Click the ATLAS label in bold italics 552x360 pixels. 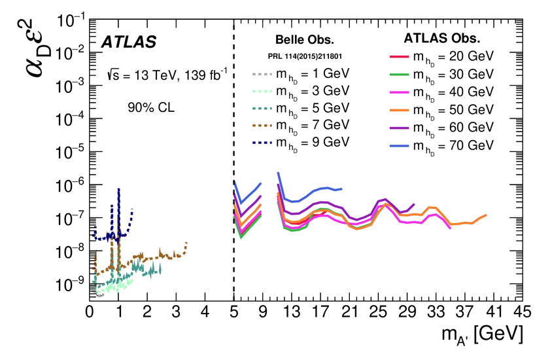tap(128, 43)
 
